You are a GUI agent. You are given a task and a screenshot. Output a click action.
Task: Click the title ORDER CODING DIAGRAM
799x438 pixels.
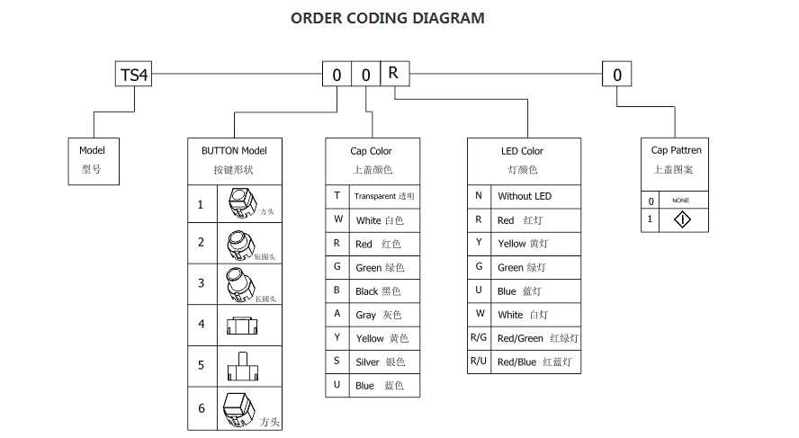coord(388,18)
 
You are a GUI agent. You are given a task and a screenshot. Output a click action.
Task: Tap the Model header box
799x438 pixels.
coord(94,161)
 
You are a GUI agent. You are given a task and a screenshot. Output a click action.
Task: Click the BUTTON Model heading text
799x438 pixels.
coord(234,150)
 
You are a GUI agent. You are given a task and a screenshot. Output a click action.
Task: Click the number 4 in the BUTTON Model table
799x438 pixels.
coord(202,324)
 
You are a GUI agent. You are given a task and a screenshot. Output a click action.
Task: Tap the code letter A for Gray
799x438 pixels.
coord(337,315)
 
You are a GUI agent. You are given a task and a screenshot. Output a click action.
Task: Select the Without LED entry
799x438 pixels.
coord(525,196)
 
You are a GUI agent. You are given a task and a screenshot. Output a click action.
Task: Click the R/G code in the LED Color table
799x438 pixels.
coord(479,337)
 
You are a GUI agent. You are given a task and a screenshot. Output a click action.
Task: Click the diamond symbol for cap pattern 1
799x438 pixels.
coord(683,219)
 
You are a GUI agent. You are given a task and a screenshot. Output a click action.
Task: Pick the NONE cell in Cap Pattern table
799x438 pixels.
coord(681,201)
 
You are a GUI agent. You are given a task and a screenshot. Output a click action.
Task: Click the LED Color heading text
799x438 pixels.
coord(523,150)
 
